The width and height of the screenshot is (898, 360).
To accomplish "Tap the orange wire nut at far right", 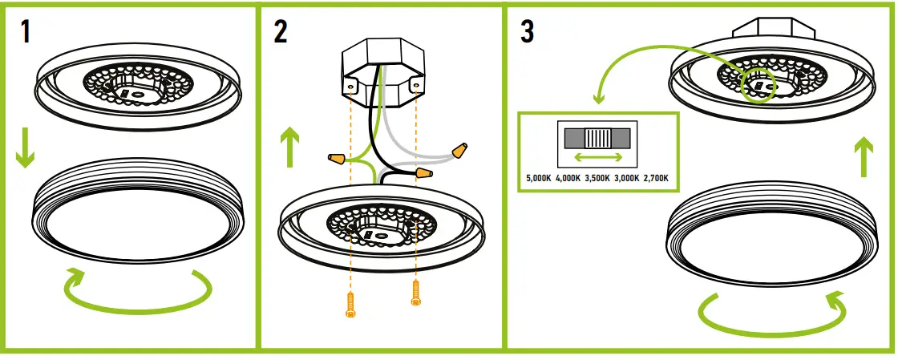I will click(459, 149).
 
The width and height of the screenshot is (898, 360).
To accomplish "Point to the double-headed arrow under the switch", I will click(597, 156).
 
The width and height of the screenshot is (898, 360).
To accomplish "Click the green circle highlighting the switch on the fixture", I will click(758, 84).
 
